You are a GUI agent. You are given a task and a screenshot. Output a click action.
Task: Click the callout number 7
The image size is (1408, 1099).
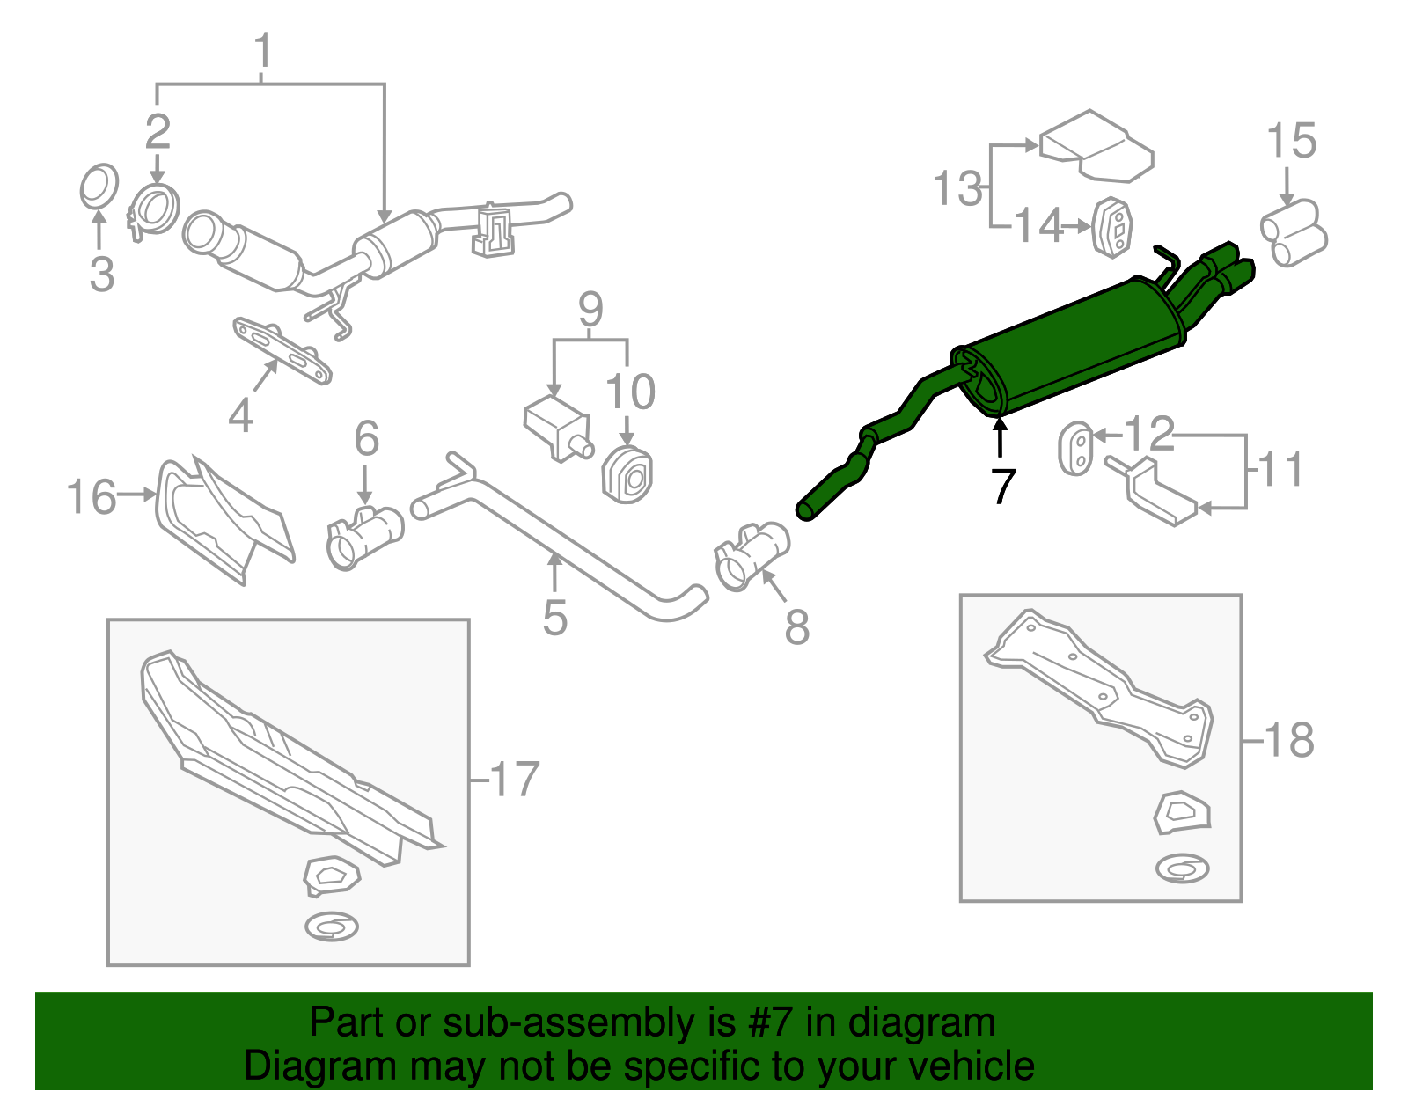click(x=1002, y=486)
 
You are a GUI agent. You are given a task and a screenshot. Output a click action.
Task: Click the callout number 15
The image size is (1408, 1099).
click(x=1291, y=141)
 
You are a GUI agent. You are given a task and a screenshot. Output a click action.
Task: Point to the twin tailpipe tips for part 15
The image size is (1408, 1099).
click(x=1293, y=233)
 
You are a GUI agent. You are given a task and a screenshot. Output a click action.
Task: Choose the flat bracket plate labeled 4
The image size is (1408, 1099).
click(x=282, y=350)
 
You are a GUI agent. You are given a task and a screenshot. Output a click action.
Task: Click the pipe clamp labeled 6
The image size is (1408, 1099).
click(x=365, y=538)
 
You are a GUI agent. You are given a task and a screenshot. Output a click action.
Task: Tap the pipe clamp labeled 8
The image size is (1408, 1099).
click(x=752, y=555)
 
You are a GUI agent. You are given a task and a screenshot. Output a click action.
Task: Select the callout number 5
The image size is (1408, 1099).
click(x=554, y=617)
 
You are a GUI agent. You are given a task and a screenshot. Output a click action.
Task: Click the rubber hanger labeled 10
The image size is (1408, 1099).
click(x=627, y=474)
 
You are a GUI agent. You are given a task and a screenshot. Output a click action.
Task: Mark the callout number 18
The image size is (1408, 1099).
click(x=1289, y=740)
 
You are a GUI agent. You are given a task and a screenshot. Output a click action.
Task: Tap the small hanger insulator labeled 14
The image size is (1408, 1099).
click(x=1112, y=227)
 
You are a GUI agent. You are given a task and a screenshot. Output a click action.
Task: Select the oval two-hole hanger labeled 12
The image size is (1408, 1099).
click(x=1076, y=449)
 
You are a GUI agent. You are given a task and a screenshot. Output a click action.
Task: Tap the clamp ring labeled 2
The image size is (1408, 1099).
click(x=154, y=209)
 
